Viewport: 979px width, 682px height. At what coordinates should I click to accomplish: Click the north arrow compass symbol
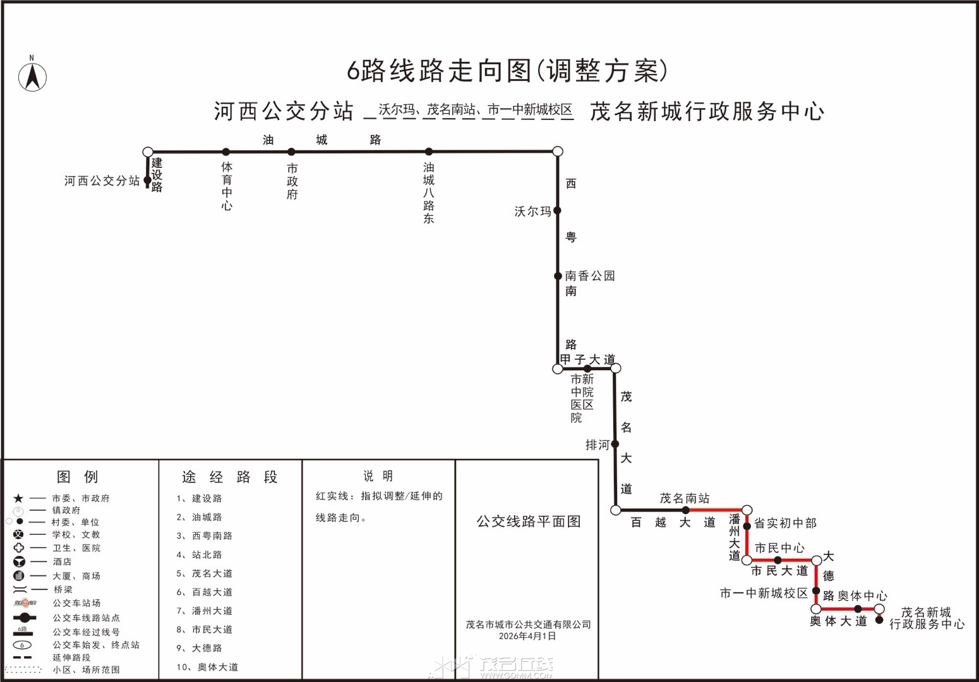(32, 76)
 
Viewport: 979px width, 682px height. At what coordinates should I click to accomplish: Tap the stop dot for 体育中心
(226, 152)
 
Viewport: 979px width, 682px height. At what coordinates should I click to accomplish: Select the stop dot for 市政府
(292, 152)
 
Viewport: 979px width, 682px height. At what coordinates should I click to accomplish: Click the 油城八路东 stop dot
(429, 152)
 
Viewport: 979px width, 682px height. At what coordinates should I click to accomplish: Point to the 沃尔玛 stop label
(532, 212)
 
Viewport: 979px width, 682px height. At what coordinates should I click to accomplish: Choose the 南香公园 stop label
(589, 276)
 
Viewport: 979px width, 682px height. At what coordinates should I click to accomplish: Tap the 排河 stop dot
(615, 444)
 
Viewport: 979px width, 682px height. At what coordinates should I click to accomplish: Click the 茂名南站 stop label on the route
(685, 498)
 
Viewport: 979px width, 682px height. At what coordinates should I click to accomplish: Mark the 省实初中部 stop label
(785, 523)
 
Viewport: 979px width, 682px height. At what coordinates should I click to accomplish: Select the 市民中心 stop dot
(778, 560)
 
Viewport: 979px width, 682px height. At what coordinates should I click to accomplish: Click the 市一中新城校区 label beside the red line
(764, 593)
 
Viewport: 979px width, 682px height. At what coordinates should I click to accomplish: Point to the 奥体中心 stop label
(862, 595)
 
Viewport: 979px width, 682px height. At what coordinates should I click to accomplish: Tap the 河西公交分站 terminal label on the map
(102, 181)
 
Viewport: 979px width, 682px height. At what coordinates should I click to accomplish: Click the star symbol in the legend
(18, 498)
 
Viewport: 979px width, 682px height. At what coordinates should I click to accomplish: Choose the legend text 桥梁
(63, 589)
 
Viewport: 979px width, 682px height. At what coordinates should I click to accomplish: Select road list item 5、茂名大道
(205, 573)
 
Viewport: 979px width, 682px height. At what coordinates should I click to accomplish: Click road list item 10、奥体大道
(207, 667)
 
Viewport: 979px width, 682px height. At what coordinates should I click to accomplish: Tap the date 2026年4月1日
(527, 636)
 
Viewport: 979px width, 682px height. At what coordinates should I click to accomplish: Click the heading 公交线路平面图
(529, 521)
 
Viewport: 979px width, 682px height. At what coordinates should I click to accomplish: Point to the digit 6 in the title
(353, 71)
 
